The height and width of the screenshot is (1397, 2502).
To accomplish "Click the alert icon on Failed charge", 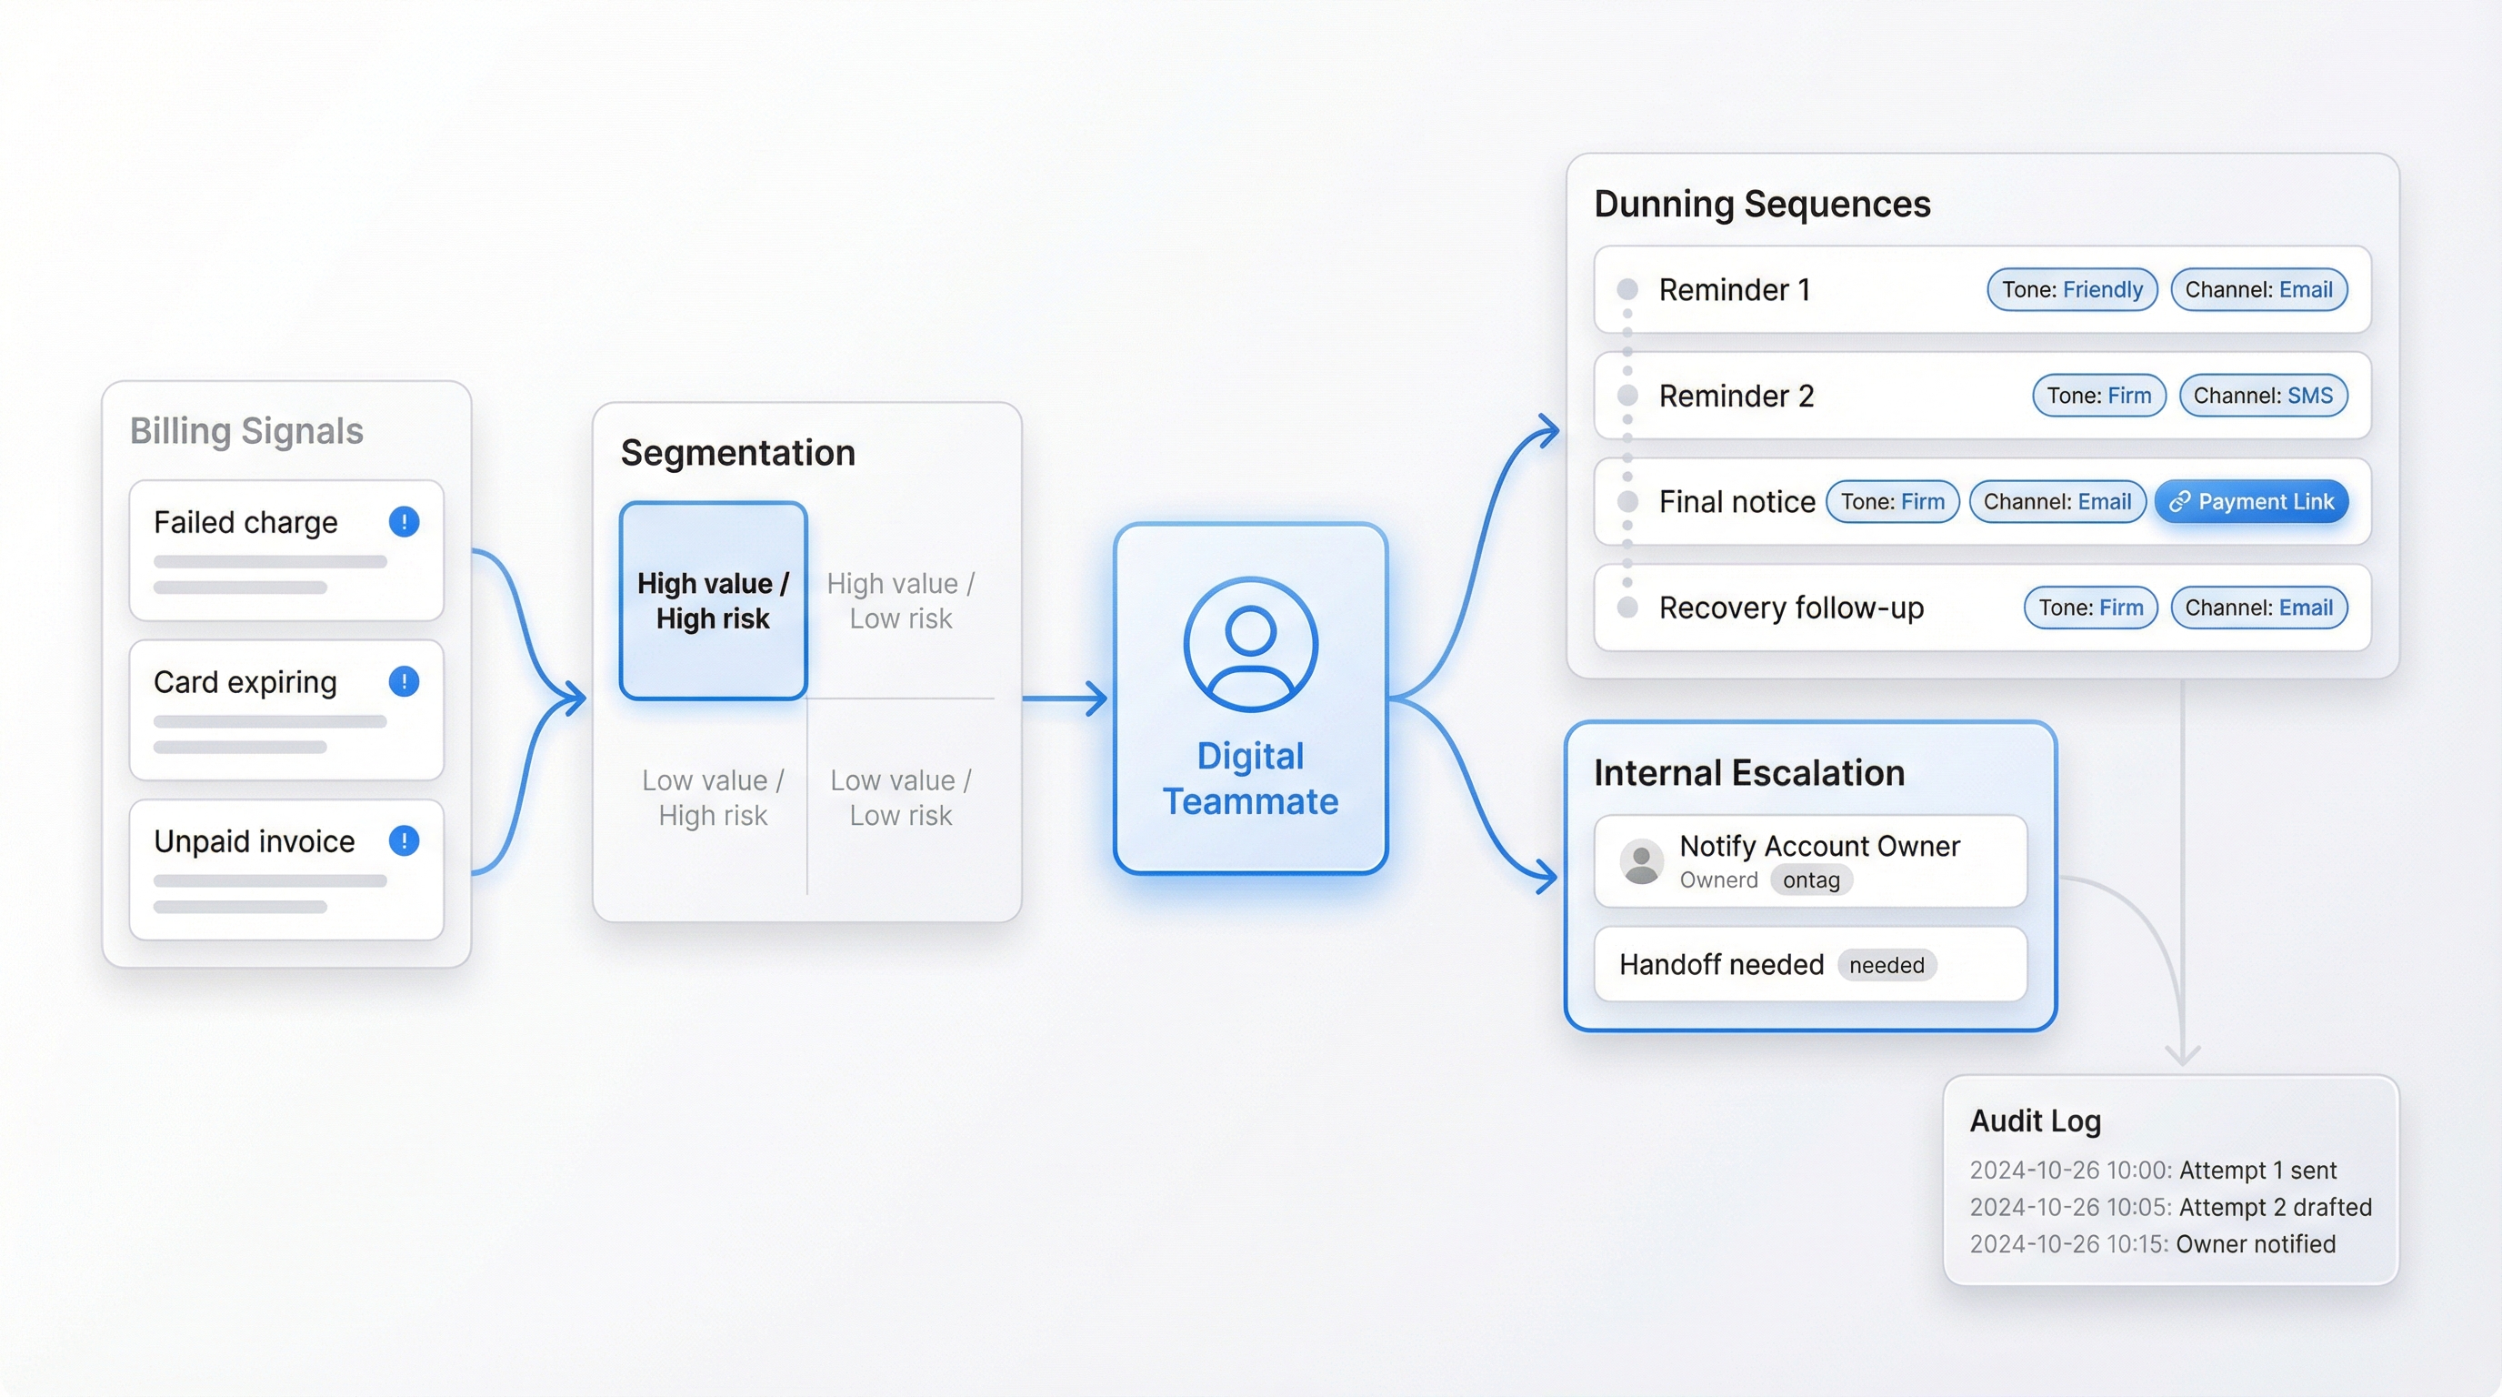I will [404, 522].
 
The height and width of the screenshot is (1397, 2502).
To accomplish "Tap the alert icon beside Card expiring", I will [404, 681].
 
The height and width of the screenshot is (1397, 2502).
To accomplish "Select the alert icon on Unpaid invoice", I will [404, 840].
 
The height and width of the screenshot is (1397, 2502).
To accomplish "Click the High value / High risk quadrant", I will [713, 600].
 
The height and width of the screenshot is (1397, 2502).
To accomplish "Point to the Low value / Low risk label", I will [900, 798].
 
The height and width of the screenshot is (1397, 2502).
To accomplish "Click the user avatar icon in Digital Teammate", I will [1250, 644].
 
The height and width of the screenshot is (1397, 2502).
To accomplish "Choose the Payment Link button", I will [2251, 501].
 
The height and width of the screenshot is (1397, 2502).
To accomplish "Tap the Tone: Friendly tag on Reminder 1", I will [2072, 289].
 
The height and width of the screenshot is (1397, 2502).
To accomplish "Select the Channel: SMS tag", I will [2262, 396].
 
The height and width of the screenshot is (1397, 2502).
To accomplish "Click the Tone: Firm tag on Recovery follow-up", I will [2090, 608].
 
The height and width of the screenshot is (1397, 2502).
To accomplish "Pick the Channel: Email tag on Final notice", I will [2057, 501].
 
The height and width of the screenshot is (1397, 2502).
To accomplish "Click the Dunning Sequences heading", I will [1762, 204].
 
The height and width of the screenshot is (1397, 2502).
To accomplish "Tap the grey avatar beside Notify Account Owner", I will [1641, 861].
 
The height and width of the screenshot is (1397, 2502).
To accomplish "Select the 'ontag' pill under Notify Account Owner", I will [1810, 880].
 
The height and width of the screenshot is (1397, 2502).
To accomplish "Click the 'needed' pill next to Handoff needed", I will [1887, 965].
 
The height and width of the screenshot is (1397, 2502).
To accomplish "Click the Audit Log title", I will [2035, 1121].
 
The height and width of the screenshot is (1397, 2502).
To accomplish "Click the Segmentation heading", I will [738, 453].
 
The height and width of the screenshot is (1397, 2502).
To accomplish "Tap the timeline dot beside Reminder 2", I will [1628, 396].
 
